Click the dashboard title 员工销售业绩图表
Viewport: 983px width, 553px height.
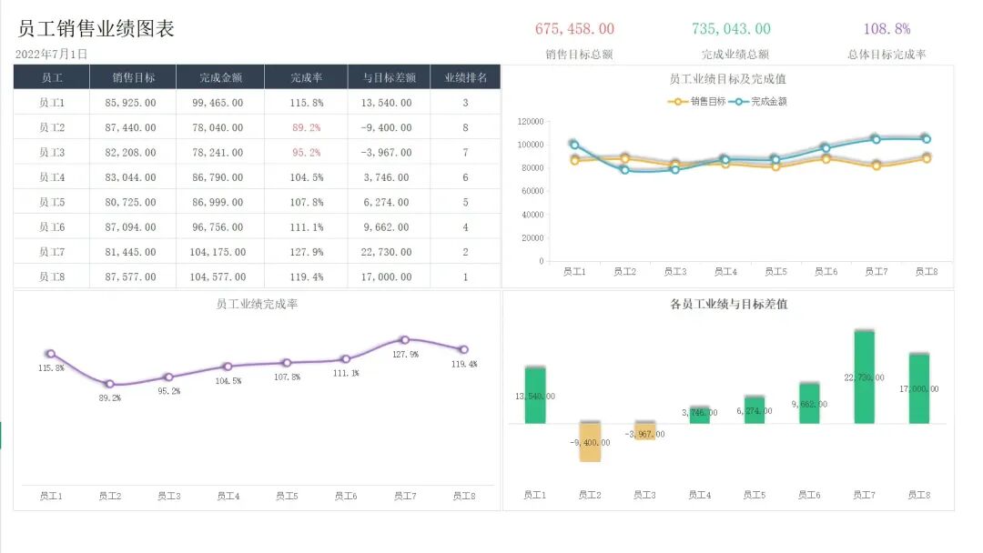(x=96, y=29)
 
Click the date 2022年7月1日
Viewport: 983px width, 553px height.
(x=52, y=55)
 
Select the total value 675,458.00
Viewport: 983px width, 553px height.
(x=574, y=29)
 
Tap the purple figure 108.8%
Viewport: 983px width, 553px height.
(x=887, y=29)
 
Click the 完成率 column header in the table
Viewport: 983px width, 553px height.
(x=306, y=78)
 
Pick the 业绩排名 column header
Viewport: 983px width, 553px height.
(x=465, y=78)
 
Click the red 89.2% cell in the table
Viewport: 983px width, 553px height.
(x=306, y=128)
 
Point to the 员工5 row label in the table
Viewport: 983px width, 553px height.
(x=52, y=203)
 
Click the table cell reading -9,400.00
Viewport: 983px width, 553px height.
(x=386, y=128)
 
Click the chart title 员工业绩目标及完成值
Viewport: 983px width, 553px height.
(x=727, y=80)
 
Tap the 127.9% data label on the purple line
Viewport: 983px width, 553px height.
(x=405, y=355)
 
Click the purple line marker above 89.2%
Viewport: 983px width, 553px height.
(x=109, y=384)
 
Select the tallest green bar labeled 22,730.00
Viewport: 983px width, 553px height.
(x=865, y=377)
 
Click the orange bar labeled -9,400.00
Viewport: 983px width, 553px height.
(x=590, y=442)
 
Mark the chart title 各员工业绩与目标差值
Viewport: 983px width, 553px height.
(x=728, y=305)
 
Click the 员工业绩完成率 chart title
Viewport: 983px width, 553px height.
(x=257, y=305)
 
